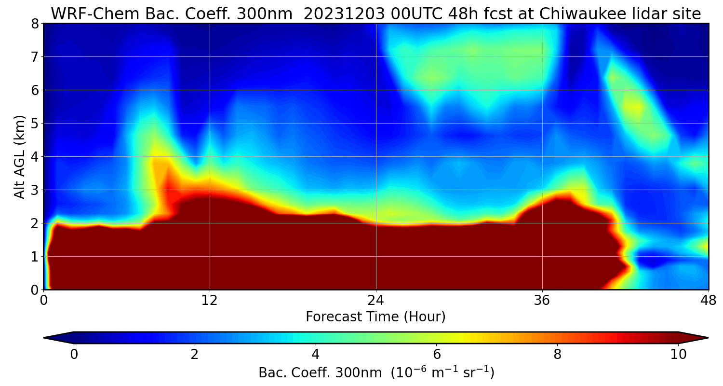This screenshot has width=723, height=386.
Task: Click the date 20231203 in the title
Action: point(344,14)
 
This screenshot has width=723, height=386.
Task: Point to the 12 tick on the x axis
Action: point(210,300)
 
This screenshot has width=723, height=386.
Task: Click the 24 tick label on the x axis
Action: point(376,300)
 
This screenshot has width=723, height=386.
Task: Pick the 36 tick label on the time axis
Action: point(542,300)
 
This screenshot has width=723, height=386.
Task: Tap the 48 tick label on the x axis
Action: point(708,300)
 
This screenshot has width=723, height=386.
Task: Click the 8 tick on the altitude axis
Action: point(35,24)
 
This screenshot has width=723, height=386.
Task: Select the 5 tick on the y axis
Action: point(35,124)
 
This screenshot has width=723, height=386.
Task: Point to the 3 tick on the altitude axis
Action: point(35,190)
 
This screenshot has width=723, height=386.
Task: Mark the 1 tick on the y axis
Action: point(35,257)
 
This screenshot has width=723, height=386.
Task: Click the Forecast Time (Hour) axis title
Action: point(375,317)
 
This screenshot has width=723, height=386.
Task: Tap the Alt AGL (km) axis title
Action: point(20,156)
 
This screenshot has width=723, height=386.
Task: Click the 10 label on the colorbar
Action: point(678,355)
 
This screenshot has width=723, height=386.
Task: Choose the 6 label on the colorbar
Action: point(437,355)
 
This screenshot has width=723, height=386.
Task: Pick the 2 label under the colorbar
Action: point(195,355)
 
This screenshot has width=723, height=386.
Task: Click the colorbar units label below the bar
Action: point(376,372)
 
